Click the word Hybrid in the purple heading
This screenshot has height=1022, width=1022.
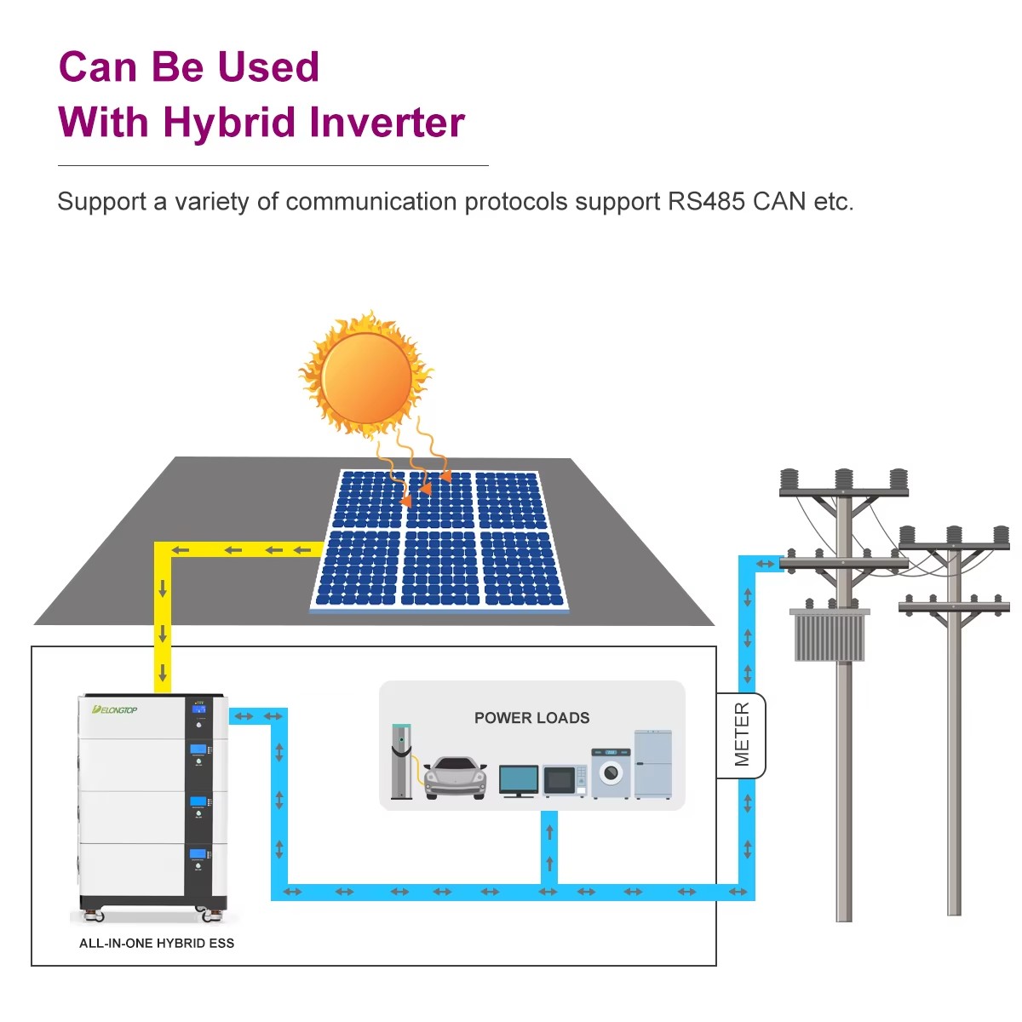228,123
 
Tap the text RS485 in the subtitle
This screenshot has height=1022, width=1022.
706,202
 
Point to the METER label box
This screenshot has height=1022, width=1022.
741,735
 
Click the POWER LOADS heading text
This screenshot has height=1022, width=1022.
531,718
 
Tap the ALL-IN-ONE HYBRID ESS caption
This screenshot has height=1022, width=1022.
157,943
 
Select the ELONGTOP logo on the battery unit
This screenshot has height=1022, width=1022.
115,709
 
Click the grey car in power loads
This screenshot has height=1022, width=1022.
455,778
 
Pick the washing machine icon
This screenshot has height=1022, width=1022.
611,773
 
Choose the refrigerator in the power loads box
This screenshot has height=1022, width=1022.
653,764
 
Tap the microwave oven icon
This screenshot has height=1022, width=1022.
565,780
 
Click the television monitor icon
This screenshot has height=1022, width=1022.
518,781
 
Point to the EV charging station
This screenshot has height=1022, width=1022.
401,761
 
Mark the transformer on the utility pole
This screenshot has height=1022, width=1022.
830,634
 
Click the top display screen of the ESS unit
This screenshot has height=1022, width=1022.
199,709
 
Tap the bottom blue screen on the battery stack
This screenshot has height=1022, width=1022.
198,854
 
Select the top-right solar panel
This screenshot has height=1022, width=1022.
510,500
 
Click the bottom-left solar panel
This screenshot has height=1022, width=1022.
358,568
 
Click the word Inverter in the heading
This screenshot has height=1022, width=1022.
387,123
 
